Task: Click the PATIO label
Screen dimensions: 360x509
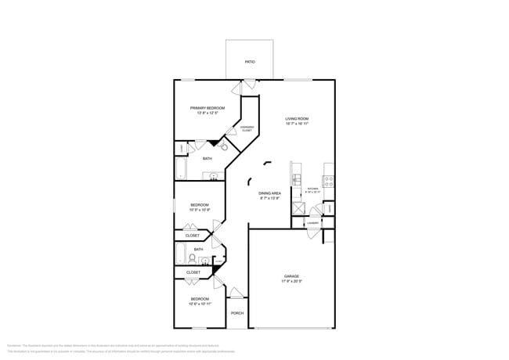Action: point(250,61)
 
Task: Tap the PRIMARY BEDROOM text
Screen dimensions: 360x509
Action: point(207,108)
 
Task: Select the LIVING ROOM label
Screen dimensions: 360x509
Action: point(297,119)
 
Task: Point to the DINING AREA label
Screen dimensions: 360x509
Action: point(269,193)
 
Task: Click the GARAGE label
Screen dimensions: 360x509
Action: point(291,276)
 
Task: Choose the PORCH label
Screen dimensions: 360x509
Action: point(236,313)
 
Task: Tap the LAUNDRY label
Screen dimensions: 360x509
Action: point(312,223)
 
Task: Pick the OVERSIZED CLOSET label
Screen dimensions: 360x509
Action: point(246,128)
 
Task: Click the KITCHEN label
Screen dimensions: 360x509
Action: point(312,189)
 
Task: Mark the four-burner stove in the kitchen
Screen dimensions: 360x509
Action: point(329,179)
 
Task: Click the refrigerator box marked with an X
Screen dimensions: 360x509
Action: point(298,209)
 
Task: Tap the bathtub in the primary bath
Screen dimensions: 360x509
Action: point(181,169)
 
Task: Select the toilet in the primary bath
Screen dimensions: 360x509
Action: point(223,146)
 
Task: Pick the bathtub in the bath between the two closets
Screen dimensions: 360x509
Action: point(180,253)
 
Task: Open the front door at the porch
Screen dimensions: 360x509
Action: point(235,293)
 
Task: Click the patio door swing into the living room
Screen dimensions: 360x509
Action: point(249,83)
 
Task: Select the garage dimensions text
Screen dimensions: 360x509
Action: point(291,282)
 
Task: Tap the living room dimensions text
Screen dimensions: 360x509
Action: point(297,124)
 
